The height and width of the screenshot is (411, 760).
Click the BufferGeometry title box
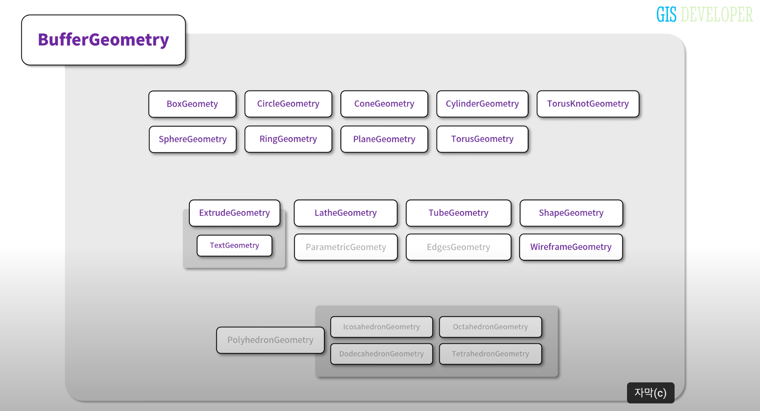tap(104, 40)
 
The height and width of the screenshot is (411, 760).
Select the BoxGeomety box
tap(192, 104)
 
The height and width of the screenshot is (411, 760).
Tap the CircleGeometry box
tap(288, 104)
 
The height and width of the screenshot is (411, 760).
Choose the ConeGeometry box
tap(384, 104)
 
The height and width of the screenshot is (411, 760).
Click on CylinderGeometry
tap(482, 104)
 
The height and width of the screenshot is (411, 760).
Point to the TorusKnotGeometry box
tap(588, 104)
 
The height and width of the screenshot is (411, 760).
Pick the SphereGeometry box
tap(193, 139)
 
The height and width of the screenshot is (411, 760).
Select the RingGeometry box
tap(288, 139)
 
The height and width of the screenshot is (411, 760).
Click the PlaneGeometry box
tap(384, 139)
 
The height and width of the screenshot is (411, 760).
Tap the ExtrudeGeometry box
tap(234, 213)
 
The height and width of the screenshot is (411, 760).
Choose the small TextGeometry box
tap(234, 246)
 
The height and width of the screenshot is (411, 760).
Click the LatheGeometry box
tap(345, 213)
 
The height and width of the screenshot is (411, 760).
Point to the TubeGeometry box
tap(458, 213)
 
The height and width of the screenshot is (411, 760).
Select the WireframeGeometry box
tap(571, 247)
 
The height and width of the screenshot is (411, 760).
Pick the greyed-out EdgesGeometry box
tap(458, 247)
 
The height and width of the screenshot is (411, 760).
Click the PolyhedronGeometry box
tap(270, 340)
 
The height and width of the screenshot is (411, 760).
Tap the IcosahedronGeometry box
tap(381, 327)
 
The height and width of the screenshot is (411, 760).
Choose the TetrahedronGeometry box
tap(490, 354)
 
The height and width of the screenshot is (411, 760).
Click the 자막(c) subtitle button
tap(650, 393)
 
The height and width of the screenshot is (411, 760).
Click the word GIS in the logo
tap(666, 15)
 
